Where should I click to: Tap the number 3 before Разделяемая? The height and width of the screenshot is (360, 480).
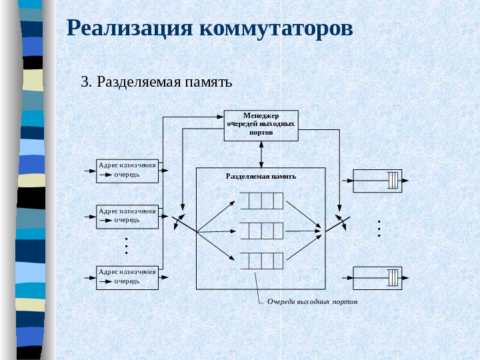[x=84, y=83]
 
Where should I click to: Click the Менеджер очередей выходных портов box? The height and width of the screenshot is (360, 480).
[x=261, y=125]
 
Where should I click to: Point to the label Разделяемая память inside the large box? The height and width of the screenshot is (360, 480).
[x=261, y=176]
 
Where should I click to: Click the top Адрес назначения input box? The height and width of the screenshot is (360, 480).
[x=127, y=170]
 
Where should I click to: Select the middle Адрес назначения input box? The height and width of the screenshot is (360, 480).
[x=127, y=216]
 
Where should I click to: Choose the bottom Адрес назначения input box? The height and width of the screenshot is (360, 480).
[x=127, y=277]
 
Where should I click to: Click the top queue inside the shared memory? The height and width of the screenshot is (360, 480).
[x=261, y=200]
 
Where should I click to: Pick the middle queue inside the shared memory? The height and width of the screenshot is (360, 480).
[x=261, y=231]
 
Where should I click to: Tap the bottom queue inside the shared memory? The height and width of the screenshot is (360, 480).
[x=261, y=261]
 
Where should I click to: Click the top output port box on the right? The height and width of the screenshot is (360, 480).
[x=377, y=181]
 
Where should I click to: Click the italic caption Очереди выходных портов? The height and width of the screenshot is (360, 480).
[x=312, y=302]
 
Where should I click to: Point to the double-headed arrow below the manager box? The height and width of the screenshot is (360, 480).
[x=261, y=154]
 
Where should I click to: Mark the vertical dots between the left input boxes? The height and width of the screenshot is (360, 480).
[x=127, y=245]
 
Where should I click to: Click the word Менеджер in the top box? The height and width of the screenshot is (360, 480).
[x=261, y=115]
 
